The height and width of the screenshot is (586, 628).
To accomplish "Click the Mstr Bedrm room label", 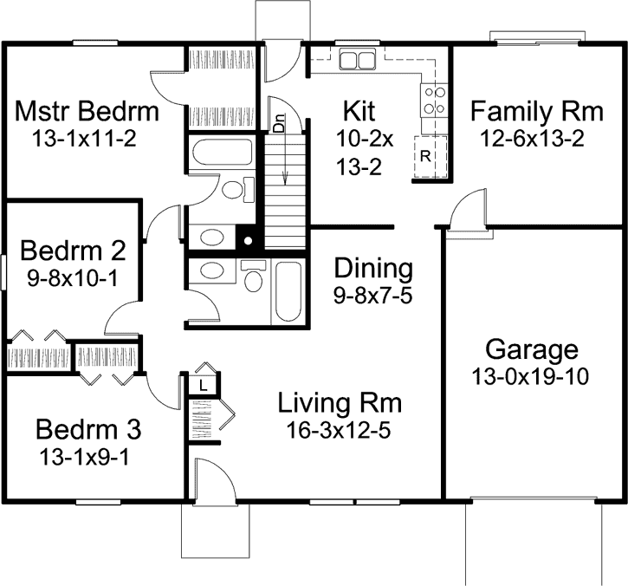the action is pos(87,111).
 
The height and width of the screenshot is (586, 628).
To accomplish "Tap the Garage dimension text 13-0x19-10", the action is pos(530,376).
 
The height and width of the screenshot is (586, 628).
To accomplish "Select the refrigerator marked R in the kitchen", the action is pos(431,156).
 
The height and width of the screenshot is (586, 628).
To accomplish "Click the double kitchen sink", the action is pos(357,59).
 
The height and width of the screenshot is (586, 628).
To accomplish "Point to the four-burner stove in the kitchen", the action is pos(434,100).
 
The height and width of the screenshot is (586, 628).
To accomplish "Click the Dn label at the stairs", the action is pos(279,123).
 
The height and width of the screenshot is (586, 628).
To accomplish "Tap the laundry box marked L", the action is pos(204,386).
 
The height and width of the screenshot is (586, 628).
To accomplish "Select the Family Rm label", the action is pos(537,111).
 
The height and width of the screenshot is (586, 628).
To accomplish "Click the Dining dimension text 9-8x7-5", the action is pos(372,296).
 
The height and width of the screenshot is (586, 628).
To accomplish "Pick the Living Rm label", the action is pos(340,403).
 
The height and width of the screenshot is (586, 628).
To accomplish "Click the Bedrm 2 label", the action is pos(74,251).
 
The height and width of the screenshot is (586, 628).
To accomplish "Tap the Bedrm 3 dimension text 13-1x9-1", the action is pos(85,457).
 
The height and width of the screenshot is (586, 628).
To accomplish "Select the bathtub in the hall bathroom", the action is pos(288,291).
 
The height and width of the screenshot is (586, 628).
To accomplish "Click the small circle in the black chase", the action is pos(249,241).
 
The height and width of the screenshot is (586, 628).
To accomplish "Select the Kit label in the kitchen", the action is pos(359,111).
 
